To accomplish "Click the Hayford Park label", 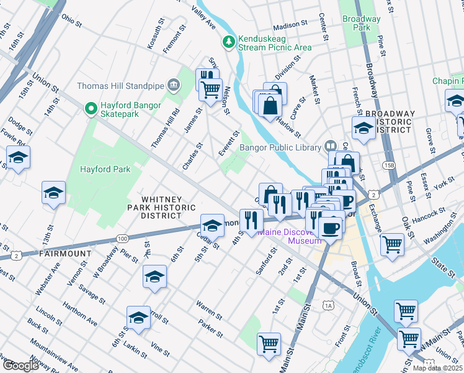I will click(105, 169).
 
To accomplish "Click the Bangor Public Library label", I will click(280, 147).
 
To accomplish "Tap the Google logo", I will click(21, 366).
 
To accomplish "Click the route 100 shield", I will click(122, 239).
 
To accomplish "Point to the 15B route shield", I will click(389, 165).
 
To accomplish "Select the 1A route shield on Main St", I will click(328, 305).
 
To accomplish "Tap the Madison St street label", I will click(290, 25).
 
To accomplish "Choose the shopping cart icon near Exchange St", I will click(392, 244).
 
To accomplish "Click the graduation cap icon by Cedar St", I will click(212, 224).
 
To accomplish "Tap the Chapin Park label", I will click(448, 81).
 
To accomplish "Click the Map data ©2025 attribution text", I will click(438, 367).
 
